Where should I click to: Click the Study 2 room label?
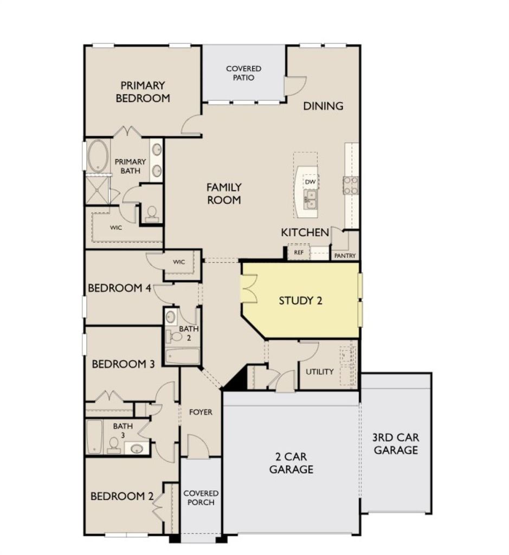coord(300,301)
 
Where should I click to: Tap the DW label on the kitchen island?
coord(310,182)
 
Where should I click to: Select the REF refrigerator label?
coord(299,253)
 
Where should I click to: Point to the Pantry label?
coord(345,256)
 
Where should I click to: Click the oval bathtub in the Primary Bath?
coord(98,156)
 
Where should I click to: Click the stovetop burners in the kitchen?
coord(350,186)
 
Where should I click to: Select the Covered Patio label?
coord(243,73)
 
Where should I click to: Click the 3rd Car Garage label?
coord(396,444)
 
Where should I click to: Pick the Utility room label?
coord(320,372)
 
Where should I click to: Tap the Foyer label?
coord(201,412)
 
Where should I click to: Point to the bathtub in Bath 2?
coord(182,356)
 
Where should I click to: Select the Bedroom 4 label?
coord(120,288)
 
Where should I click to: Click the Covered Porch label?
coord(201,498)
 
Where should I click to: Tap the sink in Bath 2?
coord(171,316)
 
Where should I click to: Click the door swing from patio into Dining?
coord(295,86)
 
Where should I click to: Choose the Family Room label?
coord(224,193)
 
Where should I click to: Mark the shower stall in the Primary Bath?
coord(98,190)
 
